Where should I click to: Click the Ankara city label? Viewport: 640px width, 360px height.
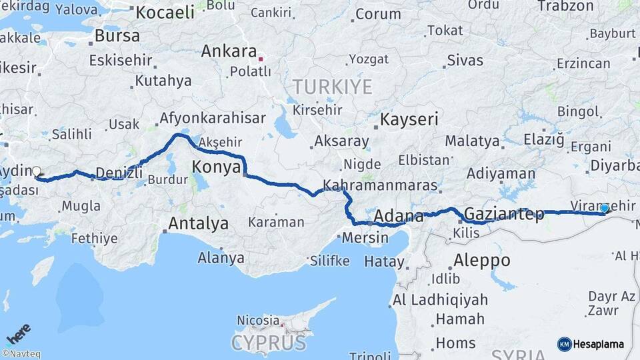(229, 51)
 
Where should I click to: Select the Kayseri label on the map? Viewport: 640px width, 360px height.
(409, 120)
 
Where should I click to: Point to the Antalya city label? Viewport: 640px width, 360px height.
(198, 223)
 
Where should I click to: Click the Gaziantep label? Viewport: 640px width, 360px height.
(503, 215)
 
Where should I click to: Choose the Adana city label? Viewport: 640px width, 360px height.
(399, 216)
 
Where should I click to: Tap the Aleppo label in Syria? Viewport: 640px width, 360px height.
(481, 260)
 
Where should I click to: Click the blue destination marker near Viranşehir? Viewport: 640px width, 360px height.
(604, 209)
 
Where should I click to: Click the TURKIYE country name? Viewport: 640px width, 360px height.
(331, 86)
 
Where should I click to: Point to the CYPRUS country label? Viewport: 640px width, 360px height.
(269, 343)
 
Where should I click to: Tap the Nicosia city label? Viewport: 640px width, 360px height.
(258, 321)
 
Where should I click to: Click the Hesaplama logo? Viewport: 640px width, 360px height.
(591, 344)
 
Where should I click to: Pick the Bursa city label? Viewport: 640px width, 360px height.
(117, 35)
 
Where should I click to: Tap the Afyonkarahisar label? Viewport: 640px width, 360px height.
(212, 119)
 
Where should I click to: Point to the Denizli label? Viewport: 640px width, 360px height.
(119, 173)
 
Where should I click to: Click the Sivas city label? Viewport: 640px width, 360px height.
(465, 60)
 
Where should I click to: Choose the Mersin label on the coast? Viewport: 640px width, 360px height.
(365, 237)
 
